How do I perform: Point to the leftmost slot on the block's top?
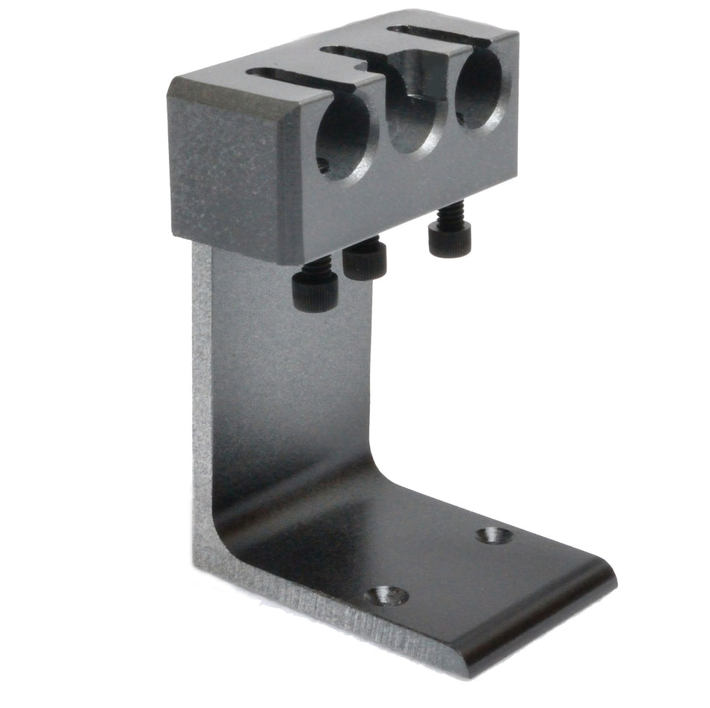tap(299, 76)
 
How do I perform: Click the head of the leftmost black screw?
tap(314, 289)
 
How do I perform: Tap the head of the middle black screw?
tap(365, 260)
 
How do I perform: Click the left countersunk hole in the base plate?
tap(387, 596)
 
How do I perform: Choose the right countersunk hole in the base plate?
tap(495, 535)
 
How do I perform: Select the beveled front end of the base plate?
tap(538, 621)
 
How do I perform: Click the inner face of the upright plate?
tap(291, 374)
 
